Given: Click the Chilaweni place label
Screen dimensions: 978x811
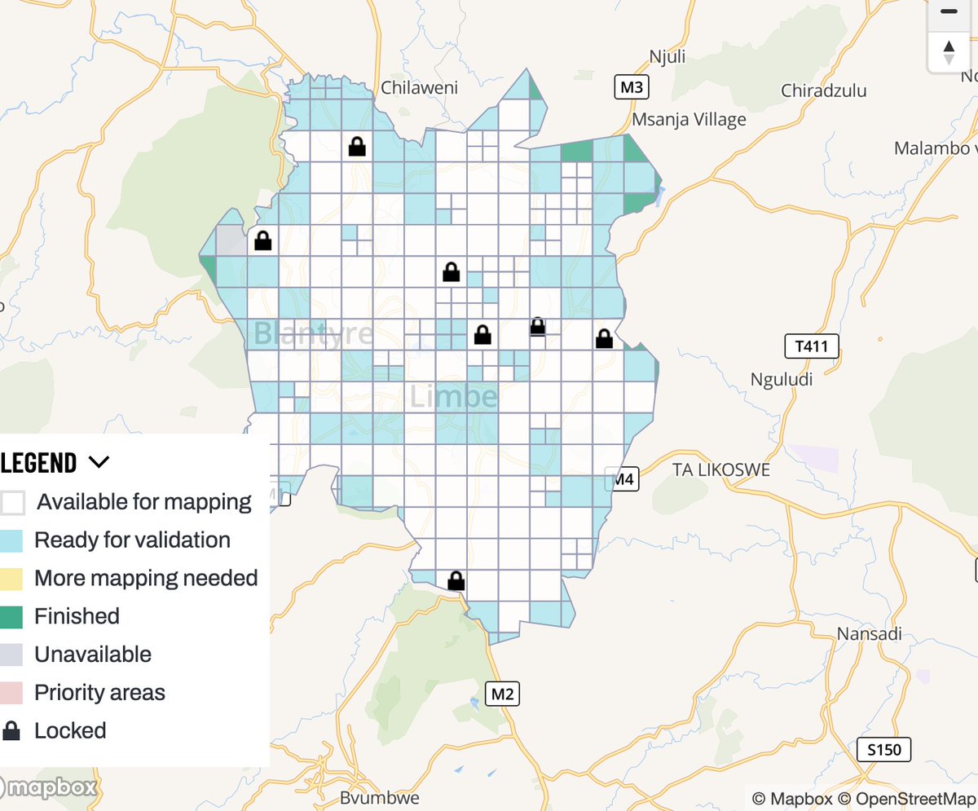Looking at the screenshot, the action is tap(420, 88).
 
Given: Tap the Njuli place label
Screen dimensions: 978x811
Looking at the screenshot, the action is tap(667, 56).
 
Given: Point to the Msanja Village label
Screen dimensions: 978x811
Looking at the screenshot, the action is tap(689, 120).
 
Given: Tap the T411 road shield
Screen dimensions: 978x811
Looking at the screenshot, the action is tap(811, 346).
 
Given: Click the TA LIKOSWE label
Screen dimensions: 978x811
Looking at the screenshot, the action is tap(721, 470).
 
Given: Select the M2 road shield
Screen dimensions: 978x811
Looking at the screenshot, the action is tap(503, 694).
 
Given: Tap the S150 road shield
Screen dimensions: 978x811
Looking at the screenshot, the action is tap(884, 749).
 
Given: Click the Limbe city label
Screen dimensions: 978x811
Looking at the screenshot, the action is tap(453, 397).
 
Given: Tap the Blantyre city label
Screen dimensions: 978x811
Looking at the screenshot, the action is tap(313, 333).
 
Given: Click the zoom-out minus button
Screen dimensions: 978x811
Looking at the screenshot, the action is tap(949, 11).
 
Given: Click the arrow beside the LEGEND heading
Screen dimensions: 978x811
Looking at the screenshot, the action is tap(99, 463).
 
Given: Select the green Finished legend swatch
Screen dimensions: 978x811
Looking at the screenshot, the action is tap(11, 617).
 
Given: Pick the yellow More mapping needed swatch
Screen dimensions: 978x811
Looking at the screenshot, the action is tap(11, 579).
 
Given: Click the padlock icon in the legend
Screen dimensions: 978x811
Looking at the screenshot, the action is tap(11, 731).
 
